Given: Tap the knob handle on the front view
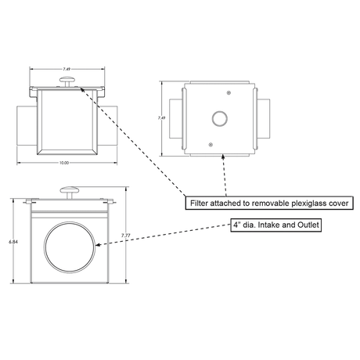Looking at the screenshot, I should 73,188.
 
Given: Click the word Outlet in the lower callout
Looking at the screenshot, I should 305,225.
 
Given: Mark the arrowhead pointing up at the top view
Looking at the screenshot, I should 225,154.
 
